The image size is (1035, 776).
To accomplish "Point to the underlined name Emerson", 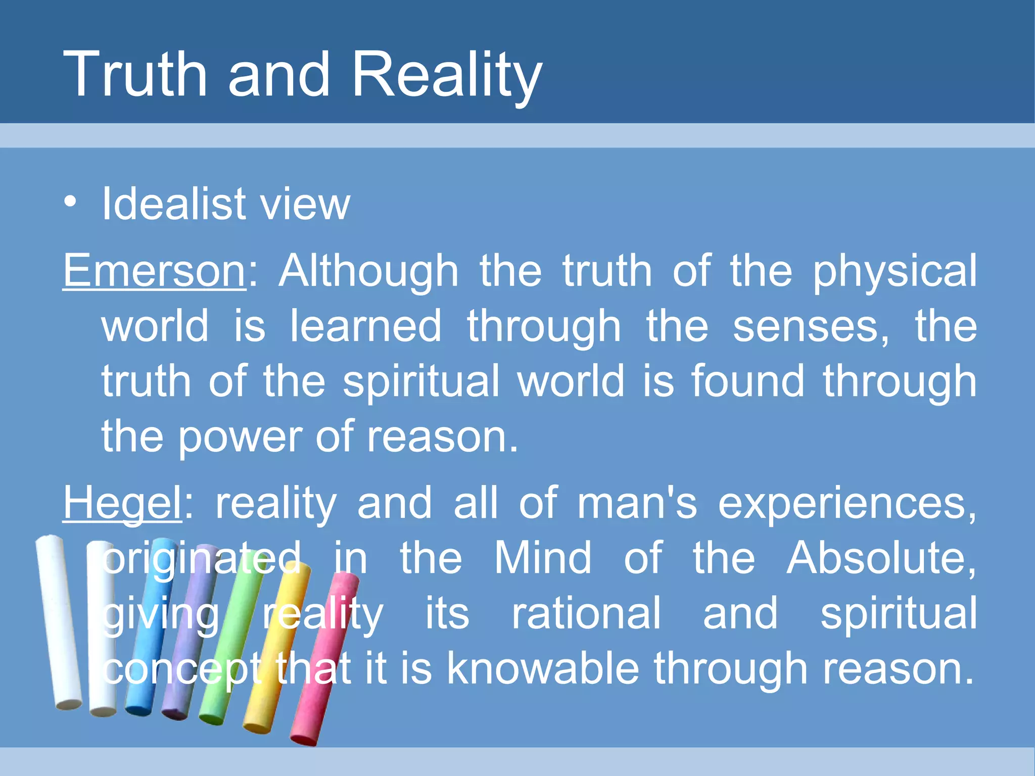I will coord(154,271).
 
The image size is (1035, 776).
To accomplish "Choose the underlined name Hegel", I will coord(122,503).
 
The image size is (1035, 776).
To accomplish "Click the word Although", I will coord(368,271).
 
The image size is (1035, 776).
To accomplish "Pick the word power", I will coord(240,438).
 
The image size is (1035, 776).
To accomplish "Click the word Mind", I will coord(542,558).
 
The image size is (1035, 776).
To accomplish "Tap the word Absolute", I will coord(880,558).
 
